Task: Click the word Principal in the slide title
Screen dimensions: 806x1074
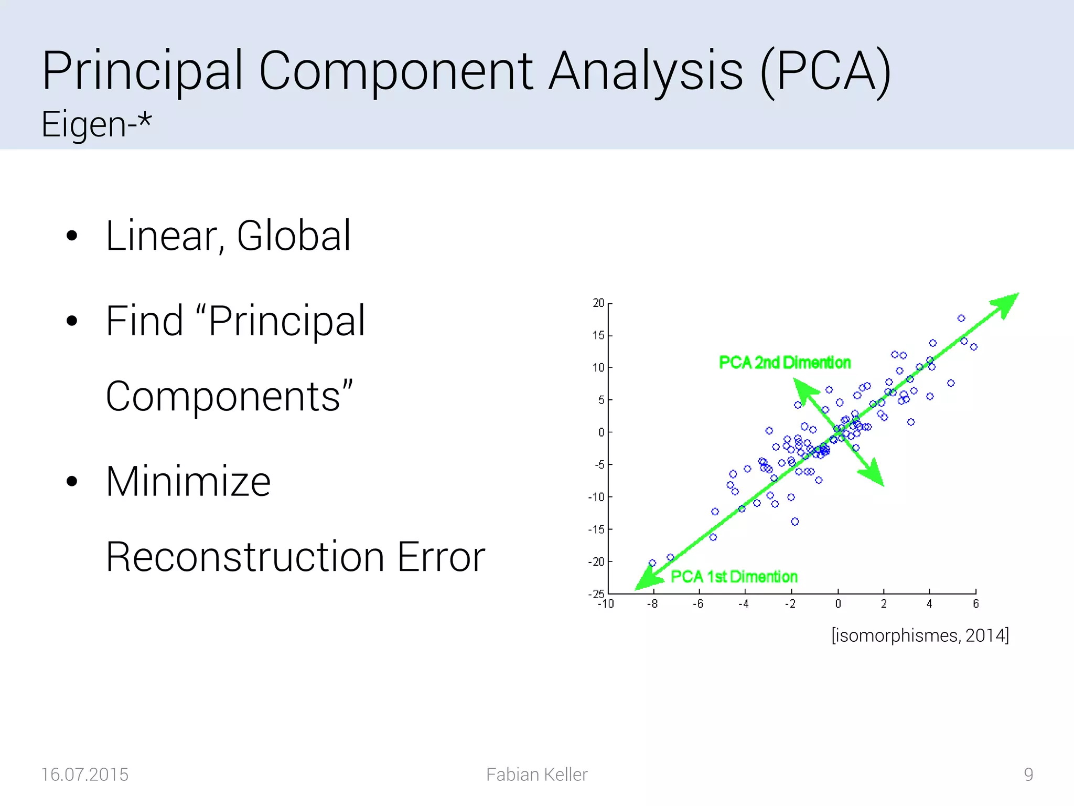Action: tap(142, 71)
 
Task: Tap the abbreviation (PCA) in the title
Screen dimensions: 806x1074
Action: tap(825, 71)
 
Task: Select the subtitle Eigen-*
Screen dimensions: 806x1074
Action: tap(96, 124)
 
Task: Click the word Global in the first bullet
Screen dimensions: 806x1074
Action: tap(294, 236)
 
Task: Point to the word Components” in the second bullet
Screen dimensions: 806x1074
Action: tap(229, 397)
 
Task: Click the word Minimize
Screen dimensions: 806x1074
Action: tap(188, 481)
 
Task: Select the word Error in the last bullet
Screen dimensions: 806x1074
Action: tap(441, 557)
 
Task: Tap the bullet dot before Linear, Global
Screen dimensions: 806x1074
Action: tap(72, 236)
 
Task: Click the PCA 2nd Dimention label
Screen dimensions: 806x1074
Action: tap(785, 363)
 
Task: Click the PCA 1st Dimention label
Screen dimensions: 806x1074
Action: tap(734, 577)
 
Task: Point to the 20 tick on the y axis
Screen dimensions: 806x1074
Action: tap(598, 303)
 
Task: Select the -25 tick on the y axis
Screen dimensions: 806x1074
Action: tap(596, 594)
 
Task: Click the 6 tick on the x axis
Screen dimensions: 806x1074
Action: tap(975, 604)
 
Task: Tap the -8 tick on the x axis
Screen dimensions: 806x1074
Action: tap(652, 604)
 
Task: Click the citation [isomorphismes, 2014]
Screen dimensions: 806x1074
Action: tap(920, 635)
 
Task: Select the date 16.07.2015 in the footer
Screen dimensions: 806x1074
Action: tap(84, 775)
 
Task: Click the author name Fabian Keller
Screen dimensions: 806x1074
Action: tap(536, 775)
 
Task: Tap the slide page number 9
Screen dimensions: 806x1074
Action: tap(1028, 775)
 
